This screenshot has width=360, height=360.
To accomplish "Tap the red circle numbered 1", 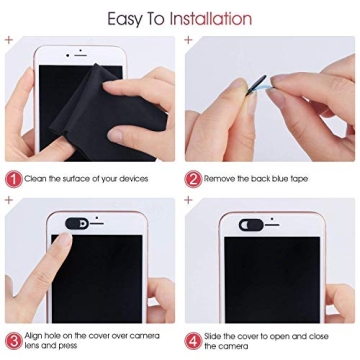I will click(x=13, y=178).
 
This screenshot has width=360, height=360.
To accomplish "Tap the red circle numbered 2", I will click(x=193, y=178).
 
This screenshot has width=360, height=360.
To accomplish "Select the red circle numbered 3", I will click(x=13, y=339).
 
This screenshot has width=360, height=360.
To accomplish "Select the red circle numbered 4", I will click(x=193, y=339).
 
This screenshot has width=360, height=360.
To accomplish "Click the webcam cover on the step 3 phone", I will click(x=79, y=222).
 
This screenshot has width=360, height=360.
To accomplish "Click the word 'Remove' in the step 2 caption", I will click(x=220, y=178).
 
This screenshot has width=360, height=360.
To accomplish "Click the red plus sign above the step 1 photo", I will click(x=8, y=40).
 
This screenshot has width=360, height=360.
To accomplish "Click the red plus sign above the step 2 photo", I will click(x=188, y=40).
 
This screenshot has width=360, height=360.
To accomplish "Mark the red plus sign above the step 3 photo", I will click(x=8, y=201).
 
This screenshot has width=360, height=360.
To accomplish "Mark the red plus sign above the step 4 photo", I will click(x=188, y=201).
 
